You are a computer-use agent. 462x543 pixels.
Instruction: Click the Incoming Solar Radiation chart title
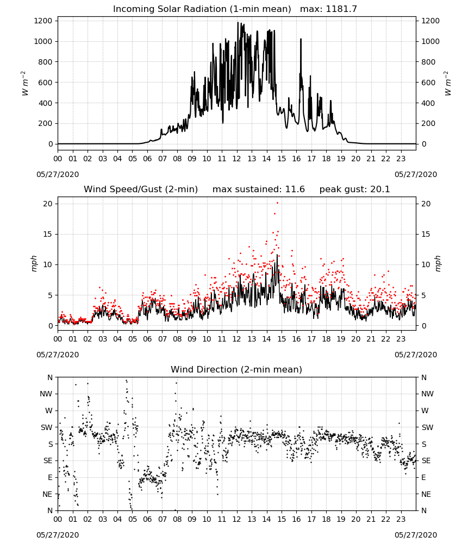point(202,9)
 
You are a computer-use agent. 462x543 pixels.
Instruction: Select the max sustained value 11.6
point(295,189)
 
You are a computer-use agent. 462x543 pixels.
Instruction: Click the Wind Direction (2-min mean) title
point(236,369)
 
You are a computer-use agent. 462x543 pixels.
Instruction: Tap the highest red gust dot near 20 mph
point(277,203)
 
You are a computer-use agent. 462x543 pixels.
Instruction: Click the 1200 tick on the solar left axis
point(43,21)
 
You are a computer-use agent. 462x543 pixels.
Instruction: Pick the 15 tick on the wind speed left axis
point(48,234)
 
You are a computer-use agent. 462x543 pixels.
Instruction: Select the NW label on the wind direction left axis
point(46,394)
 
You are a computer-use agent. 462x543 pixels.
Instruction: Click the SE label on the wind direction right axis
point(426,460)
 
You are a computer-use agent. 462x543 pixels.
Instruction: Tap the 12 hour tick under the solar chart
point(236,159)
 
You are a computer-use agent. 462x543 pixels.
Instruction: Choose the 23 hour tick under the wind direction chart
point(401,519)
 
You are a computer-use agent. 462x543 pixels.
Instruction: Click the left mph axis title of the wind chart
point(34,263)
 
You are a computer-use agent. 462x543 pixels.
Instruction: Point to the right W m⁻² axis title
point(448,84)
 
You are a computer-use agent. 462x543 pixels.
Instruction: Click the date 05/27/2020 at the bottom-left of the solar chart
point(58,174)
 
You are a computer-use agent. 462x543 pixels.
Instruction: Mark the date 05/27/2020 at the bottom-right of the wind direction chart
point(416,535)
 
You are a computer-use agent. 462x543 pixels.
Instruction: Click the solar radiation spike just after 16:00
point(301,40)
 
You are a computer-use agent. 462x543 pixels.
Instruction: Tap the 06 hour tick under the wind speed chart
point(147,339)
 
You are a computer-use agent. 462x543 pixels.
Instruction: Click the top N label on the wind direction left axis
point(50,377)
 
